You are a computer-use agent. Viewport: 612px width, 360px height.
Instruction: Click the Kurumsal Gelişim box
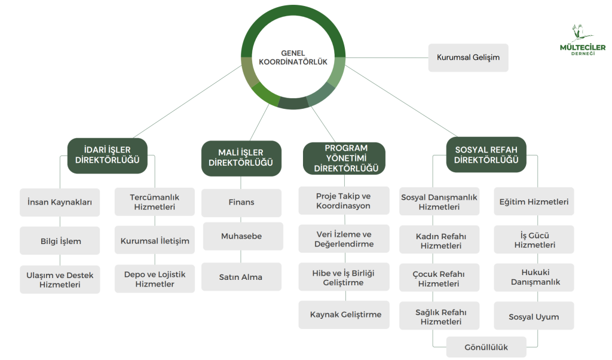coord(468,57)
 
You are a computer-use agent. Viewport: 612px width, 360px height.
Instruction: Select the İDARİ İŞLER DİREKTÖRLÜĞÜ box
coord(108,155)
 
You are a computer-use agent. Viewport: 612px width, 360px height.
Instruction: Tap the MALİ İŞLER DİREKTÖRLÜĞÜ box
coord(241,158)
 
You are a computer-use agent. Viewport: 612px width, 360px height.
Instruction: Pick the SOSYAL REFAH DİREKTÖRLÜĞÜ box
coord(486,155)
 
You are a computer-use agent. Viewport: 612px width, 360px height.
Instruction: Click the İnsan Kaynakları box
coord(60,202)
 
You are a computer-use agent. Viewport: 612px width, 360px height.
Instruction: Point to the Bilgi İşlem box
coord(60,242)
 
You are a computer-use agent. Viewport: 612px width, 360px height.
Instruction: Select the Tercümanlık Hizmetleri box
coord(154,202)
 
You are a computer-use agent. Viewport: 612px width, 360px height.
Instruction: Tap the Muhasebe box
coord(241,236)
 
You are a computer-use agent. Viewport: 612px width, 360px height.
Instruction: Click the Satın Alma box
coord(241,277)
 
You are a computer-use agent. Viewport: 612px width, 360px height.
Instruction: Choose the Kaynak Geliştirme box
coord(345,315)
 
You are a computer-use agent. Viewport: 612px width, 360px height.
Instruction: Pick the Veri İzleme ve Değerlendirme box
coord(344,239)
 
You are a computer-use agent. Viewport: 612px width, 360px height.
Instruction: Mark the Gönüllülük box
coord(486,347)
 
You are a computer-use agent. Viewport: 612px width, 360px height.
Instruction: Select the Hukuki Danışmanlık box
coord(535,277)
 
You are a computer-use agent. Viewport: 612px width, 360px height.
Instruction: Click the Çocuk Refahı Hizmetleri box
coord(439,279)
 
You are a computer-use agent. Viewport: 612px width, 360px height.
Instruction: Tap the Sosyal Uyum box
coord(534,316)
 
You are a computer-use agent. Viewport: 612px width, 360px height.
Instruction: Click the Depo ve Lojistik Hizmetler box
coord(155,279)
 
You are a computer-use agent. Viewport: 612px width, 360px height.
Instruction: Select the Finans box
coord(241,202)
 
